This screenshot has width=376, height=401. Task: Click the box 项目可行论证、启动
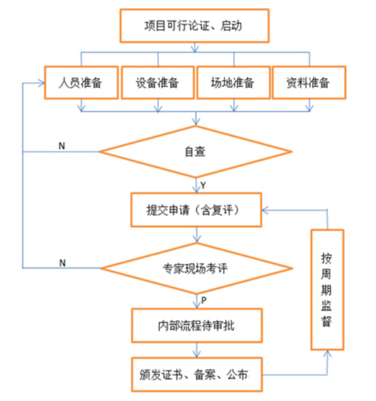(x=195, y=25)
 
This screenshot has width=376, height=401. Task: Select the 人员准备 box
(x=81, y=82)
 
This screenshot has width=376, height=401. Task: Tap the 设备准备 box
(x=158, y=82)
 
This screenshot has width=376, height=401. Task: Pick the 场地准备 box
(x=233, y=82)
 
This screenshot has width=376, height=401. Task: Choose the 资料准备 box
(x=309, y=82)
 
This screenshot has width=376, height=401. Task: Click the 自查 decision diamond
(x=196, y=152)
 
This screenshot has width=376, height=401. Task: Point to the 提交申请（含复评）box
(x=196, y=210)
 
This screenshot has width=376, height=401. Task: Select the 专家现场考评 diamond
(x=197, y=268)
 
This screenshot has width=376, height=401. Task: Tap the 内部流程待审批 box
(x=197, y=325)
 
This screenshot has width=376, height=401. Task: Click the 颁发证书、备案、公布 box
(x=197, y=374)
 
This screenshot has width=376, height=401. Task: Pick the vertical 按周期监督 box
(x=327, y=289)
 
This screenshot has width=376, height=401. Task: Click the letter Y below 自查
(x=203, y=185)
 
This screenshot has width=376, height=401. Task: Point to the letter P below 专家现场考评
(x=204, y=300)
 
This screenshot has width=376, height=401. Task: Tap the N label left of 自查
(x=62, y=146)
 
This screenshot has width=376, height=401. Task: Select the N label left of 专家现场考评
(x=62, y=263)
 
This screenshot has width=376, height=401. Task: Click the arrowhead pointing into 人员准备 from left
(x=42, y=83)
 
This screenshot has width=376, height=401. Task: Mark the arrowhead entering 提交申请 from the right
(x=265, y=210)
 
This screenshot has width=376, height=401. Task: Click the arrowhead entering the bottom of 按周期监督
(x=327, y=353)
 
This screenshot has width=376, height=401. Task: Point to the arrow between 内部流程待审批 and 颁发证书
(x=197, y=350)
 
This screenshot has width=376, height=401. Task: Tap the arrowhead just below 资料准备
(x=309, y=108)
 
